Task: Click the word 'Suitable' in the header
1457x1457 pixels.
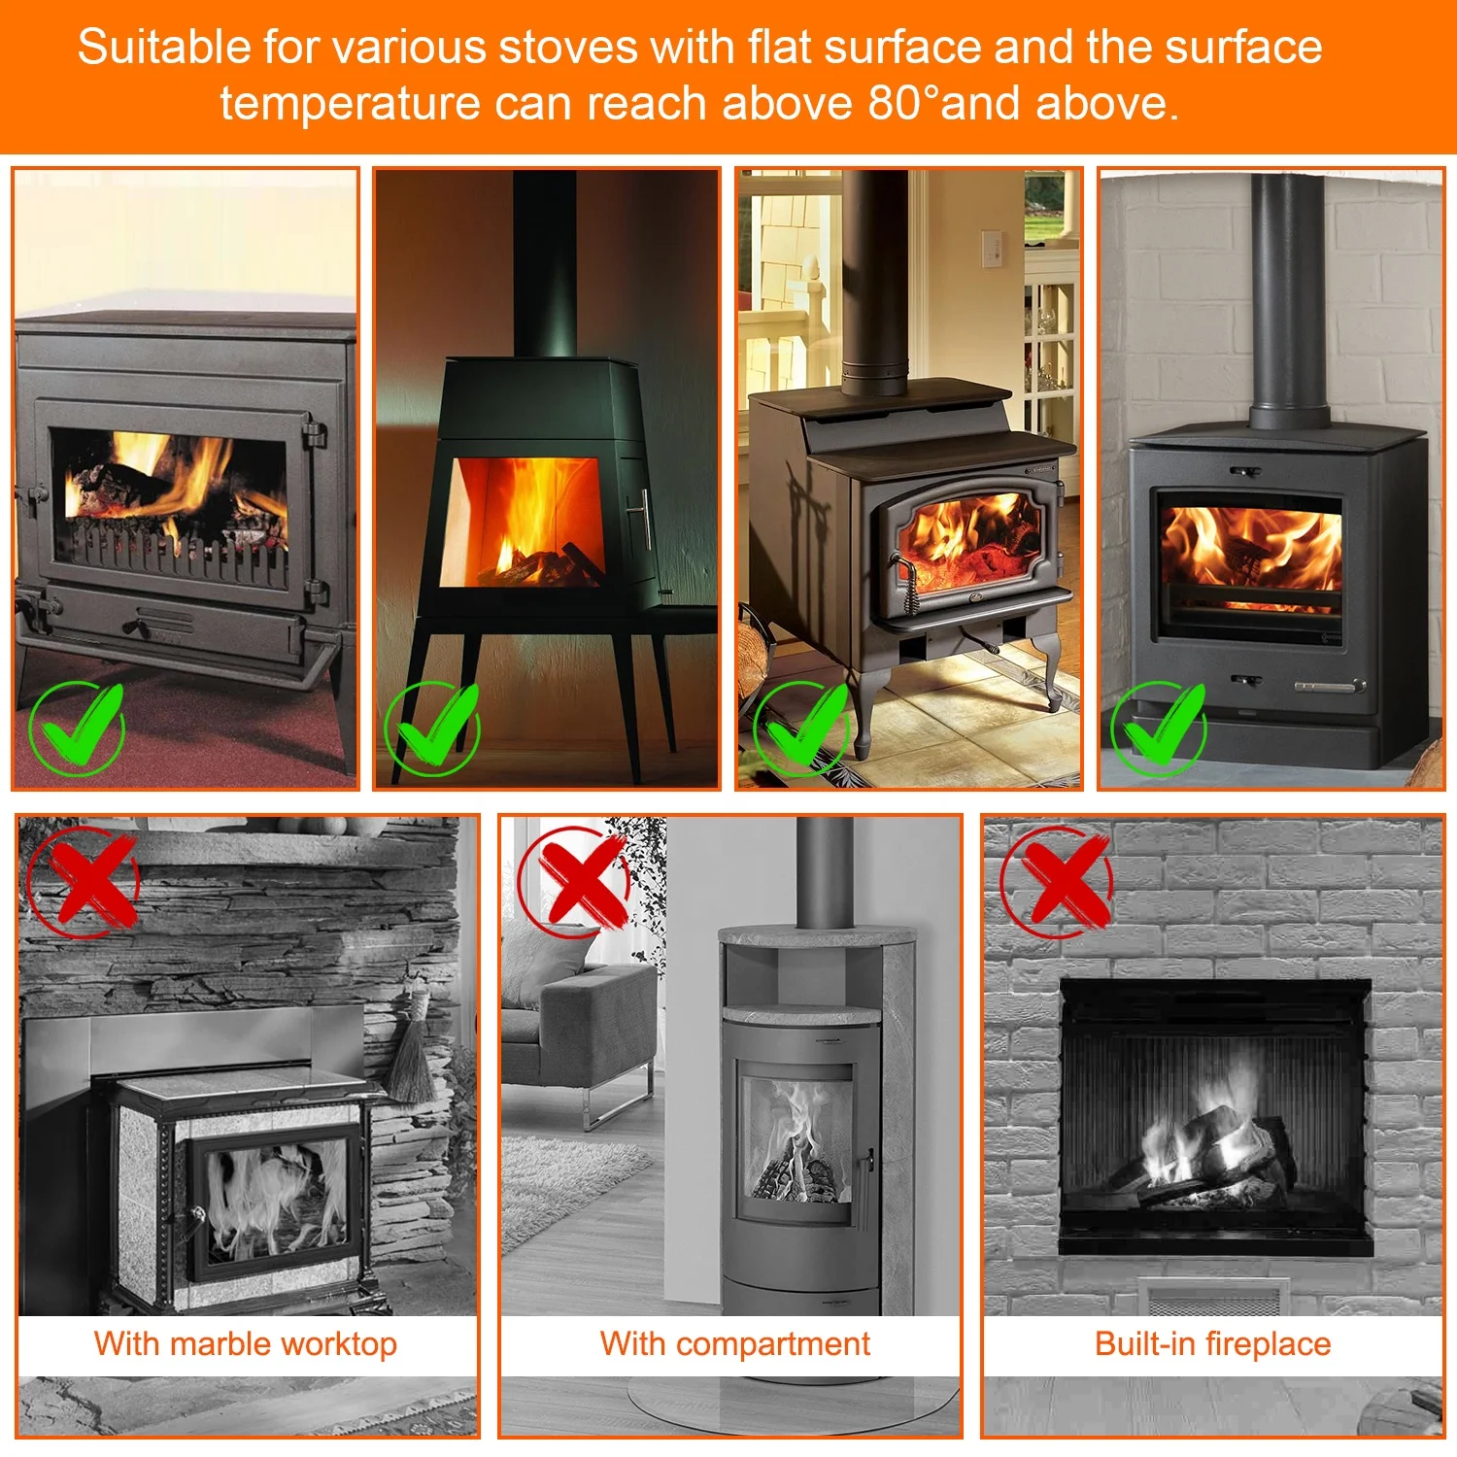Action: click(x=164, y=48)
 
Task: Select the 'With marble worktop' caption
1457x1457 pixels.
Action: click(x=246, y=1344)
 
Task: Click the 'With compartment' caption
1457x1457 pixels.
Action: click(x=735, y=1344)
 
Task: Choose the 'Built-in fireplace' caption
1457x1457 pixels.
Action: click(x=1212, y=1344)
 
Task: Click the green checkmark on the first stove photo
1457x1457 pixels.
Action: click(x=78, y=727)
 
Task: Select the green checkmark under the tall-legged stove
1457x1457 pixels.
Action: click(x=433, y=727)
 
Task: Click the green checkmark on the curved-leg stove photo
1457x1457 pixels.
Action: click(x=802, y=727)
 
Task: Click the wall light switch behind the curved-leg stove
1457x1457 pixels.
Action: click(x=991, y=248)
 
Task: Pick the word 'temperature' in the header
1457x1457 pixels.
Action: click(x=350, y=104)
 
